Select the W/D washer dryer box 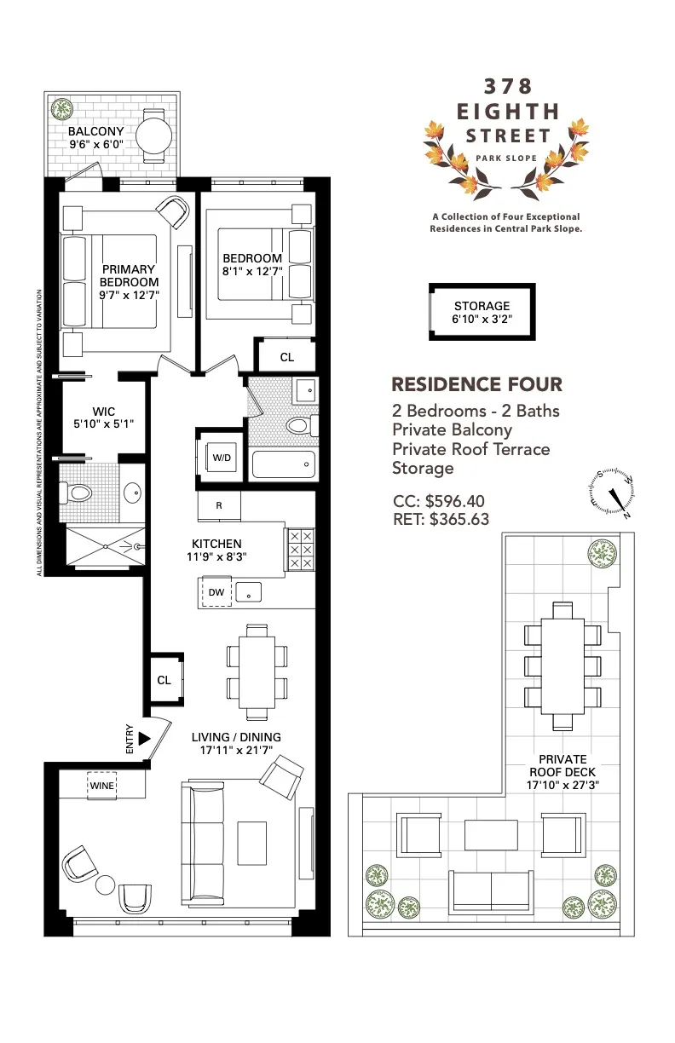(x=221, y=458)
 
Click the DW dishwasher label (x=216, y=591)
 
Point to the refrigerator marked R (x=219, y=505)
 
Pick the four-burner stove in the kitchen (x=300, y=550)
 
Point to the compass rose (x=612, y=495)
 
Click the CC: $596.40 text (x=440, y=501)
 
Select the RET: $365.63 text (x=441, y=518)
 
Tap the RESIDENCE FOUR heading (x=476, y=384)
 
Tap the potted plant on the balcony (x=61, y=109)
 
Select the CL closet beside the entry (x=164, y=680)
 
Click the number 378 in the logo (x=508, y=86)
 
